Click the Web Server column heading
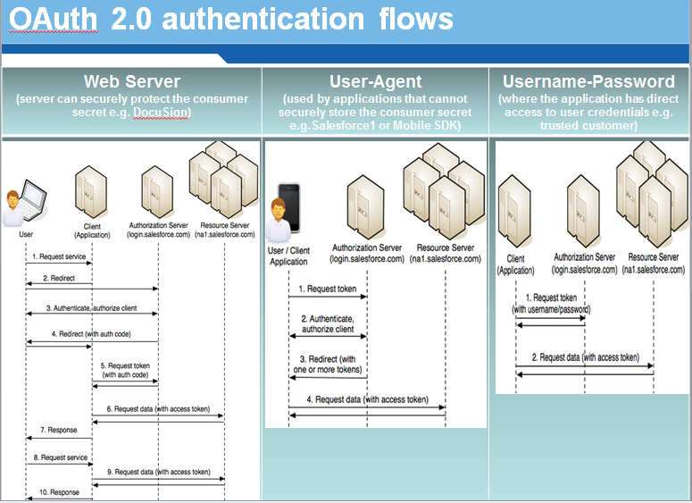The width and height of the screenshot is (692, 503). (x=132, y=82)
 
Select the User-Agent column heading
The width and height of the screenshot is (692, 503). (x=375, y=82)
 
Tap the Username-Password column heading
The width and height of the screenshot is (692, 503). (x=588, y=82)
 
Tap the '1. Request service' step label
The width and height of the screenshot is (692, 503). (x=58, y=257)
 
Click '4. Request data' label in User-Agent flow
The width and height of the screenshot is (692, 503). (x=367, y=399)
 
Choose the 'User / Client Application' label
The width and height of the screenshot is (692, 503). (x=288, y=256)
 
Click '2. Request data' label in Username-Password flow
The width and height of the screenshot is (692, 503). (x=586, y=357)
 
